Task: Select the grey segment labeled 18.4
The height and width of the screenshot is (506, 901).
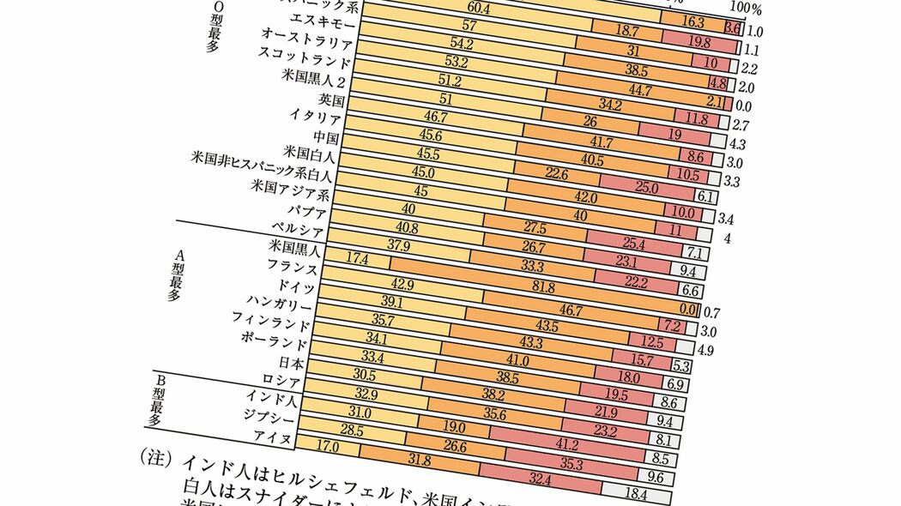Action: [637, 493]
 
